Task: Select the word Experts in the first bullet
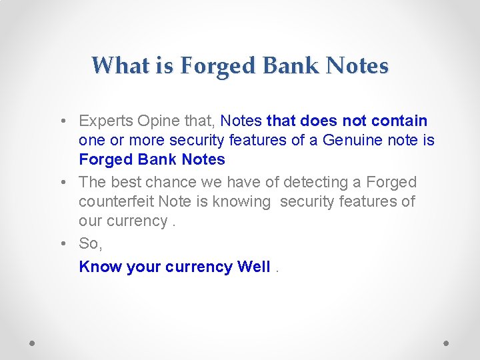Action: click(x=106, y=121)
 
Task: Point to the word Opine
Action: click(x=158, y=121)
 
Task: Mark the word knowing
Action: click(x=241, y=201)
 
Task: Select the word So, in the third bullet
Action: click(x=91, y=244)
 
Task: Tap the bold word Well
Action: click(x=254, y=267)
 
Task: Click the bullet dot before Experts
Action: click(x=61, y=121)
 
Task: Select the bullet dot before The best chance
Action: click(x=61, y=183)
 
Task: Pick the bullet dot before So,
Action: click(x=61, y=244)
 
